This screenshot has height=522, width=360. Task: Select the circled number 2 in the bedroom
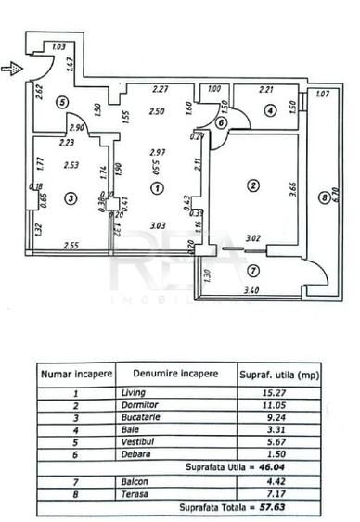251,185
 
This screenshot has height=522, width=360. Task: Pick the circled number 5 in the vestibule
61,102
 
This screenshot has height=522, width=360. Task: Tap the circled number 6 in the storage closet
222,122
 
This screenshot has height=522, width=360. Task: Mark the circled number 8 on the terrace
323,197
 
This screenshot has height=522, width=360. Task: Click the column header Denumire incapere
175,374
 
